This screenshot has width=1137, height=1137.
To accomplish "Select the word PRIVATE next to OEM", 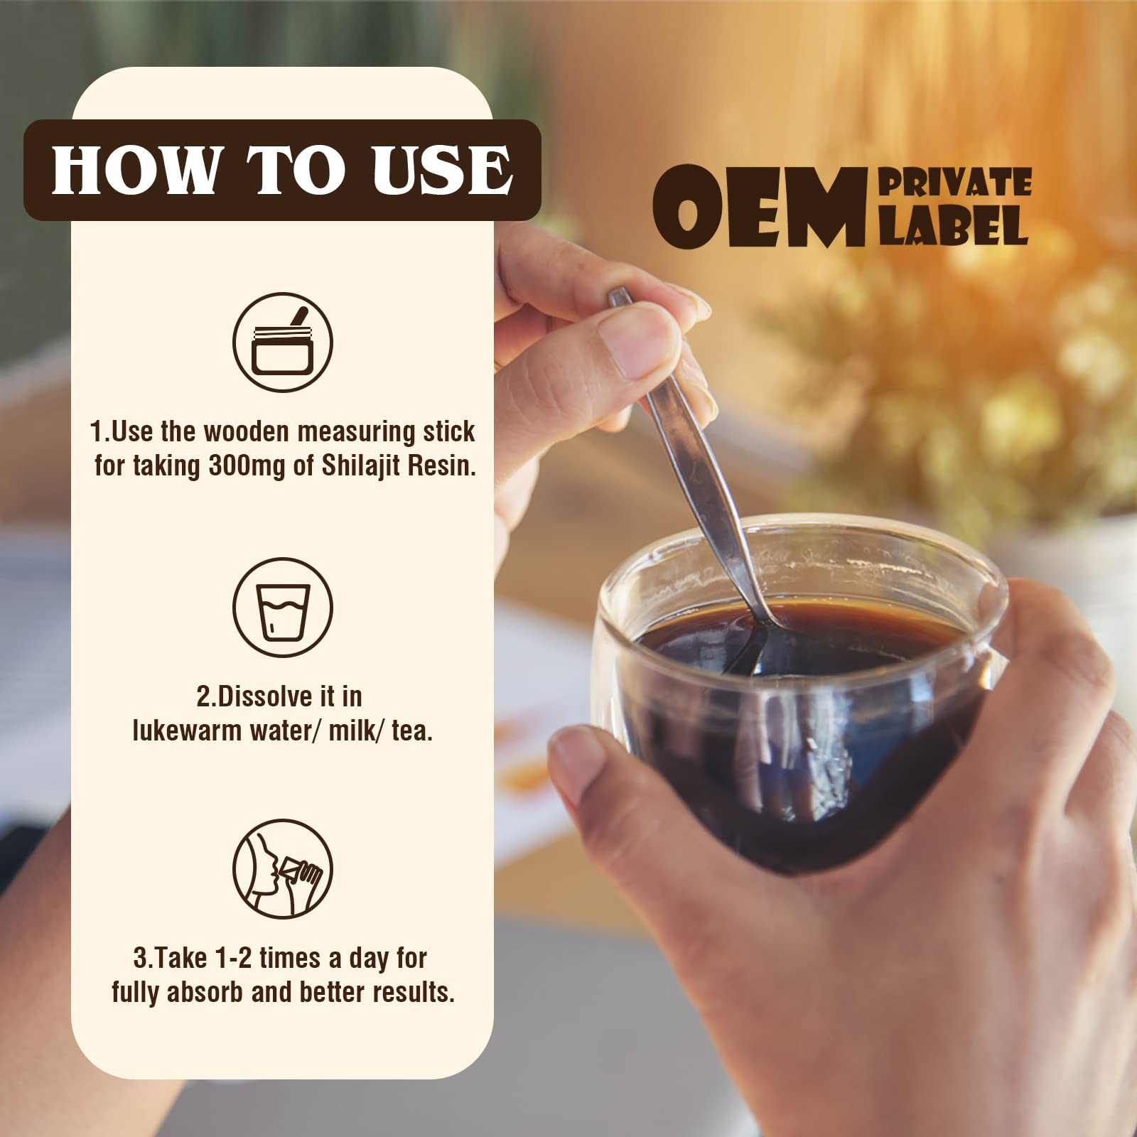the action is click(955, 183).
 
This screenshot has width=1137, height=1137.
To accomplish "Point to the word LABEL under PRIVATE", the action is click(954, 225).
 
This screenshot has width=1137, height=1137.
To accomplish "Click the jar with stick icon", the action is click(283, 343).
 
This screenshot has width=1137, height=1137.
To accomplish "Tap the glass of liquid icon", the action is click(283, 608).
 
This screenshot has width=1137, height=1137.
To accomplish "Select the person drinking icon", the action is click(283, 868).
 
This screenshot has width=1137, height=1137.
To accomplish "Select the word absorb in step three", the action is click(205, 993).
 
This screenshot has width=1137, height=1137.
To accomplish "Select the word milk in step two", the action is click(353, 731).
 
